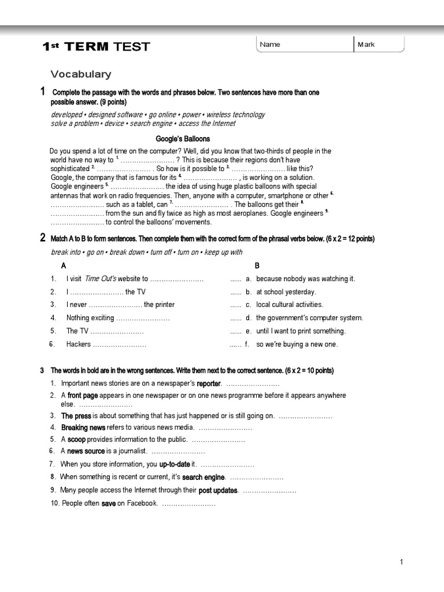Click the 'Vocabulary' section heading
[x=80, y=74]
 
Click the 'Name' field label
[x=270, y=45]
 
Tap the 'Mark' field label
[x=366, y=45]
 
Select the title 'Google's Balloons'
[x=183, y=139]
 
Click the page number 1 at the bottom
[x=401, y=561]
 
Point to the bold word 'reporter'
[x=209, y=384]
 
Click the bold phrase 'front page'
[x=83, y=395]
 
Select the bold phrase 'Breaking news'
[x=83, y=428]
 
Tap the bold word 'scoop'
[x=77, y=439]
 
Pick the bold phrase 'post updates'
[x=218, y=490]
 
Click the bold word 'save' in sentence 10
[x=109, y=504]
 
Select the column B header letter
[x=257, y=265]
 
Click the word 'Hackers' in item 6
[x=79, y=345]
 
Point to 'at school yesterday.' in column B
[x=286, y=292]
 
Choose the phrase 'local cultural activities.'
[x=290, y=305]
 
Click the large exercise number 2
[x=43, y=238]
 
